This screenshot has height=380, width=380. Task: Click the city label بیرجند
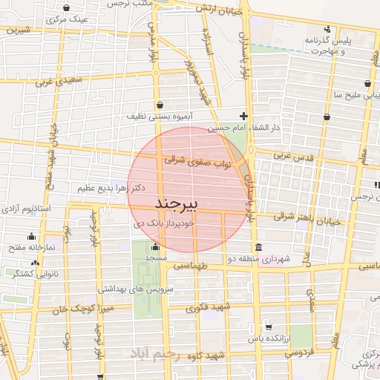[x=176, y=203]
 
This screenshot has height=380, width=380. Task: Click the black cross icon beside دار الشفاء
[x=243, y=115]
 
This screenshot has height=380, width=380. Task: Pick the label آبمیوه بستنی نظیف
[x=164, y=117]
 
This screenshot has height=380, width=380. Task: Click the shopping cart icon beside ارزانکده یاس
[x=268, y=327]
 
